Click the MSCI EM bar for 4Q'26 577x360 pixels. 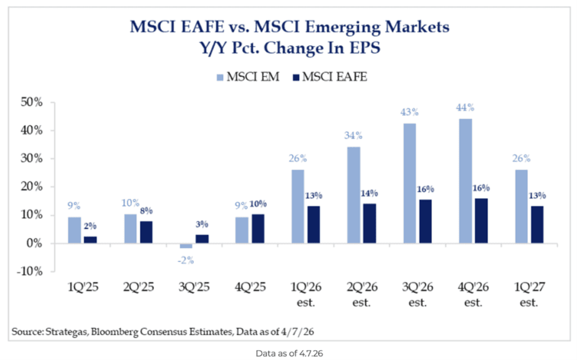click(x=465, y=181)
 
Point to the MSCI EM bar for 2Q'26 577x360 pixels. click(x=354, y=195)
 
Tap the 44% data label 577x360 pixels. click(x=465, y=108)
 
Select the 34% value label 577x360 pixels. click(x=354, y=136)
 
